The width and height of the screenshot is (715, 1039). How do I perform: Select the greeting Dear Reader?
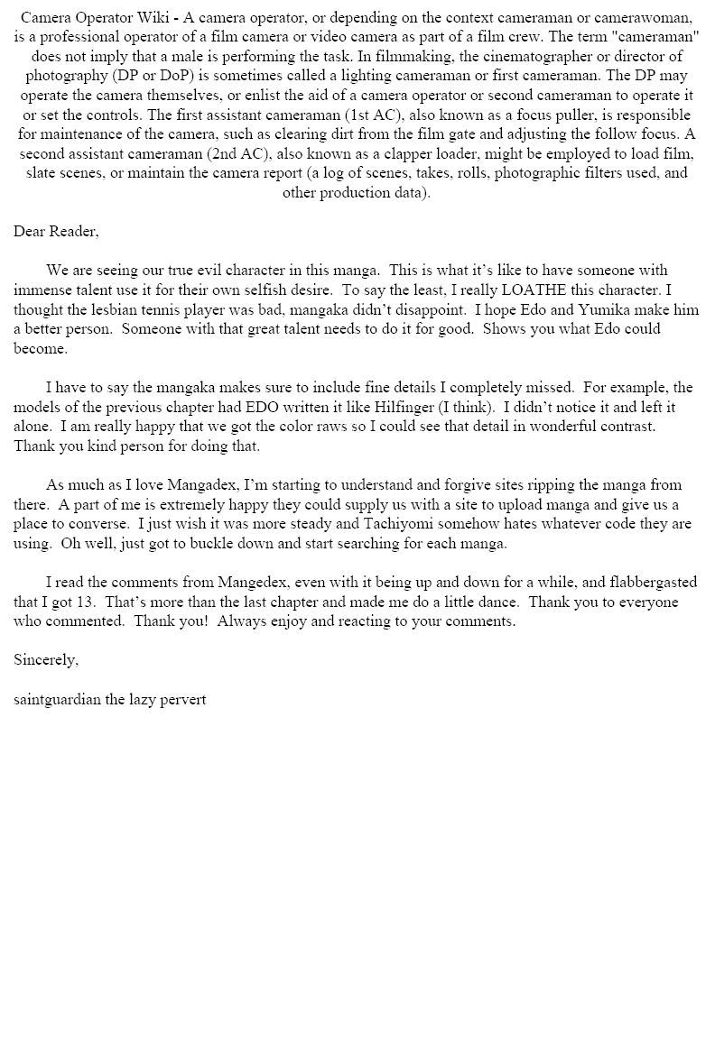coord(56,232)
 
